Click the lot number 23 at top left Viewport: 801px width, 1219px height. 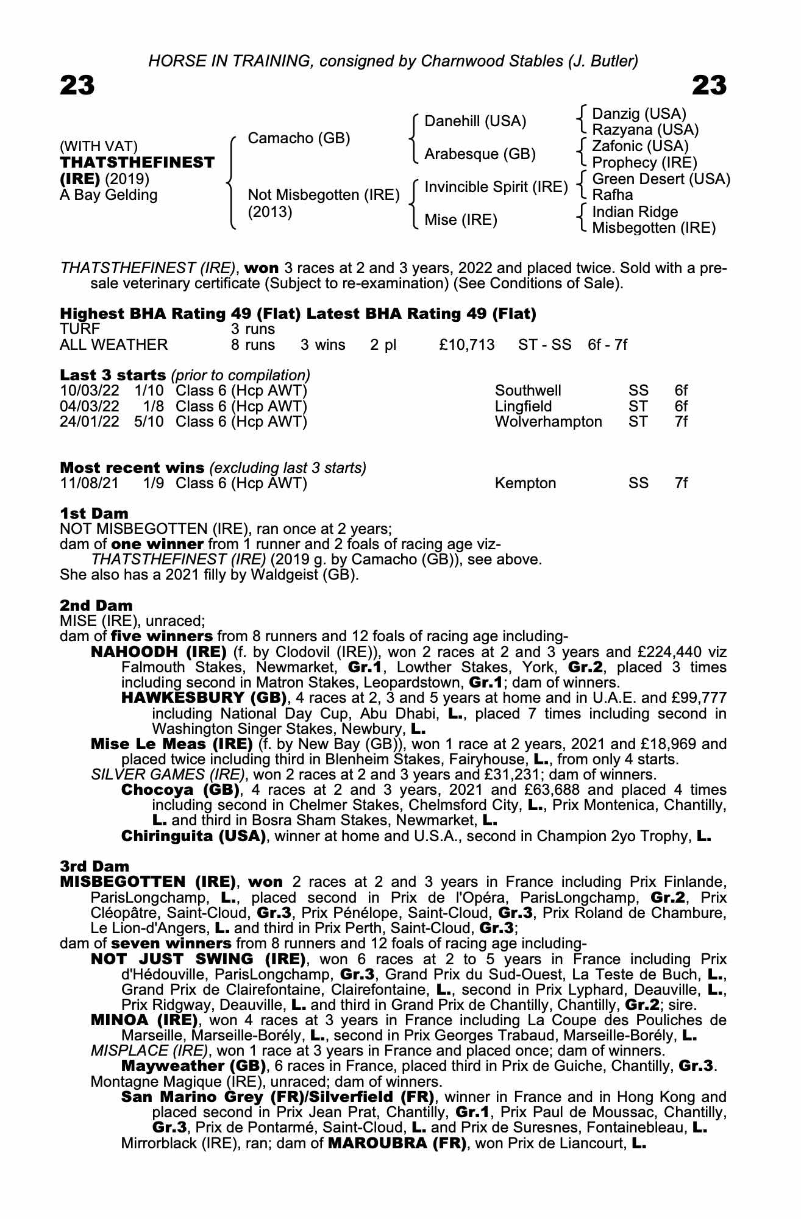click(77, 86)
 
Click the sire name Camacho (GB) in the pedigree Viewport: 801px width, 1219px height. click(299, 138)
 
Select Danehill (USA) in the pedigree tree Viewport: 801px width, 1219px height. click(475, 121)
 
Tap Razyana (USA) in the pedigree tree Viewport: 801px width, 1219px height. click(645, 130)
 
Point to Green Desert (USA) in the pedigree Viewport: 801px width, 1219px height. click(661, 179)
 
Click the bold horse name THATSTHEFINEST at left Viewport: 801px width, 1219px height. click(137, 163)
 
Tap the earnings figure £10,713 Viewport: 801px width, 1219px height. click(466, 345)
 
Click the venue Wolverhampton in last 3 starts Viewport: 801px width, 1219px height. click(548, 422)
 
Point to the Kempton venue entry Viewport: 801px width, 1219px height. click(525, 483)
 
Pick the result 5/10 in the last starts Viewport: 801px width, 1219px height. click(149, 422)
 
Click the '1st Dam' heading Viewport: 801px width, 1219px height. click(94, 513)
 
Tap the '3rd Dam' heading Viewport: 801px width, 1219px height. click(94, 866)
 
